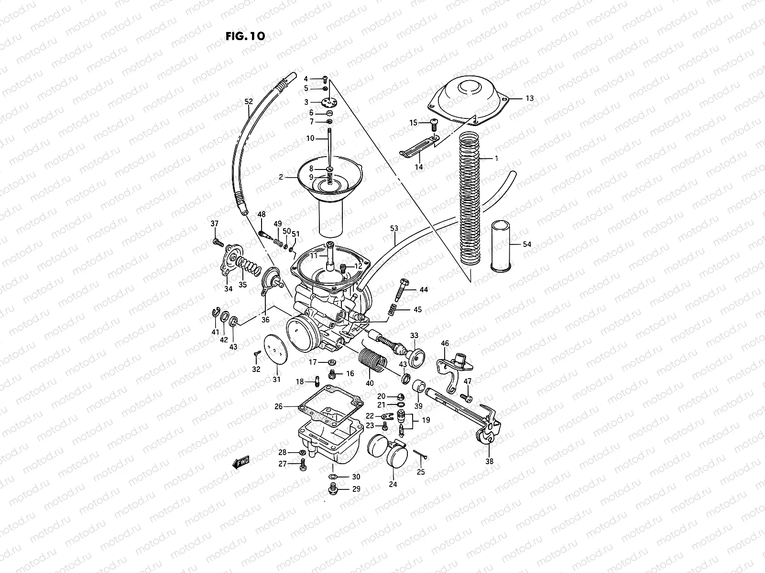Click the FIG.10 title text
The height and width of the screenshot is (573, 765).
(x=244, y=36)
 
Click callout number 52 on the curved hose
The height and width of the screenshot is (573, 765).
(x=248, y=101)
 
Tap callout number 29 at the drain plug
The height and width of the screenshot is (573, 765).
(x=356, y=489)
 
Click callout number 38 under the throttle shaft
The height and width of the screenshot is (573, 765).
(x=489, y=461)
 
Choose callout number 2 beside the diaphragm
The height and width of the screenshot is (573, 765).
(x=281, y=177)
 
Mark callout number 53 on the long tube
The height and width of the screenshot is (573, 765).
(x=394, y=229)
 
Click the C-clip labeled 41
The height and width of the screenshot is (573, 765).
(x=216, y=313)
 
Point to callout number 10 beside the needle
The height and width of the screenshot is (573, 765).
(x=310, y=138)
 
